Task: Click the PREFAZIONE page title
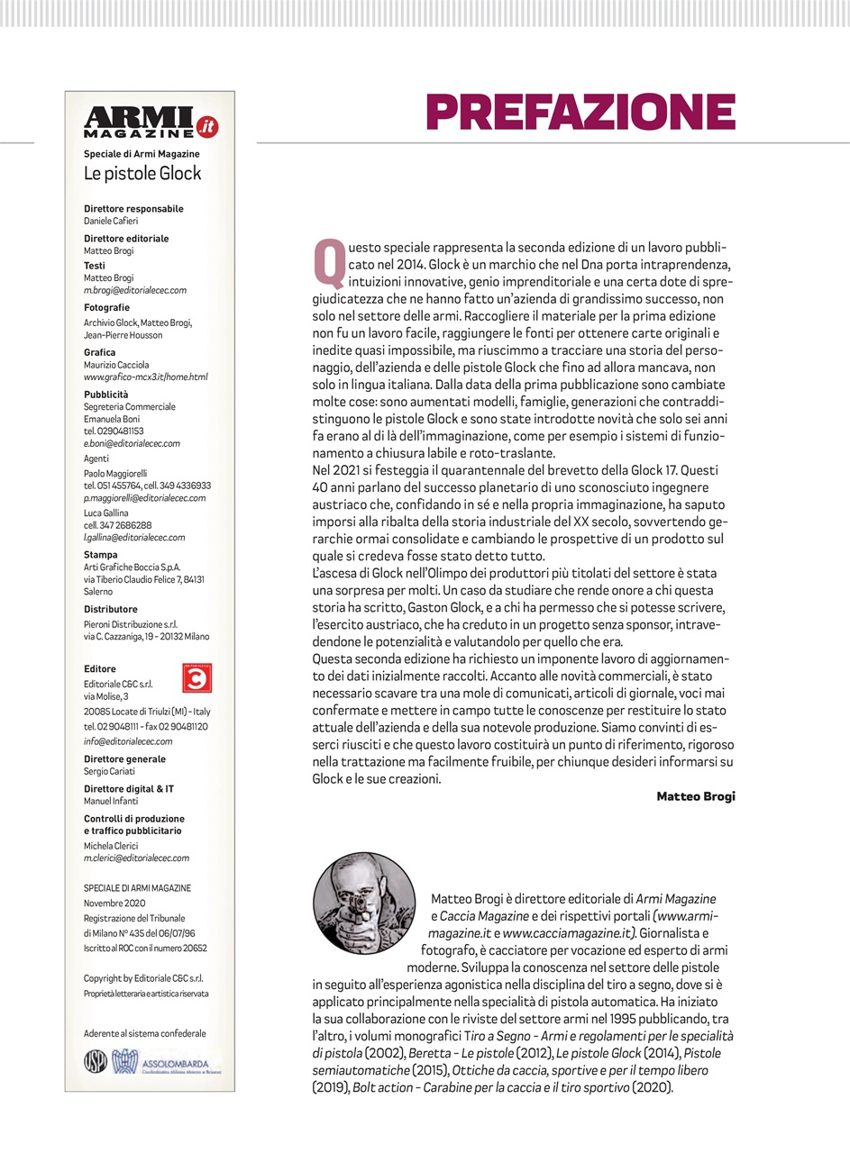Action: (580, 112)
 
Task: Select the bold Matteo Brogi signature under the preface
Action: (695, 795)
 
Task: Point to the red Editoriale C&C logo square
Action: (196, 677)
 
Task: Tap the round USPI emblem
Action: (95, 1062)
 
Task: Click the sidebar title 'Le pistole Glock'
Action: (142, 173)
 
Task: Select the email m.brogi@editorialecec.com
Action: (134, 290)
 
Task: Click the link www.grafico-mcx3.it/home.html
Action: (145, 377)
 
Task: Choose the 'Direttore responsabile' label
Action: (133, 209)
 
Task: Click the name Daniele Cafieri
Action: (111, 221)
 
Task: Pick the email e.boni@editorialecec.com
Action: (132, 443)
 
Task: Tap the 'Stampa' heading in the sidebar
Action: (100, 555)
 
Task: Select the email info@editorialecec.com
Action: (127, 741)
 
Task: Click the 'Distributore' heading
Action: (111, 609)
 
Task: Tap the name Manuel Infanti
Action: (113, 801)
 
